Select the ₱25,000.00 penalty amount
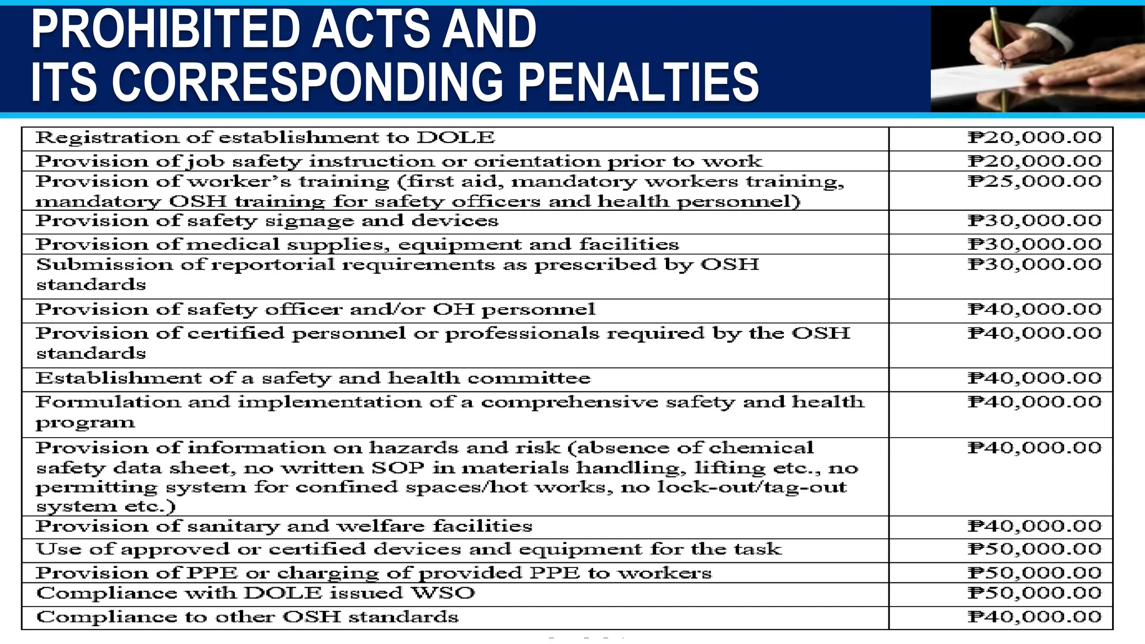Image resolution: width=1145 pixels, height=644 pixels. point(1034,181)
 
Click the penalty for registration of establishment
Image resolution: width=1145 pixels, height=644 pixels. point(1034,138)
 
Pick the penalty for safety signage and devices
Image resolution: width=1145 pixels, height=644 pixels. point(1034,220)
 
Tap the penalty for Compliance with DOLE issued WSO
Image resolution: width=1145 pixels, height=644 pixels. point(1034,593)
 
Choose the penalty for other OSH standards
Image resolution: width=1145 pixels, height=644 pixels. point(1034,617)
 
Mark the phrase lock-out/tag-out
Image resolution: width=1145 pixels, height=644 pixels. point(751,487)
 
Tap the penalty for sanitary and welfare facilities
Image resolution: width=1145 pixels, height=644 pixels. point(1034,526)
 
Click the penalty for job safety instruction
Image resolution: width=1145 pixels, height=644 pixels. point(1034,161)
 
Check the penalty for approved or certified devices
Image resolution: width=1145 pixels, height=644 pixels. point(1034,549)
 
